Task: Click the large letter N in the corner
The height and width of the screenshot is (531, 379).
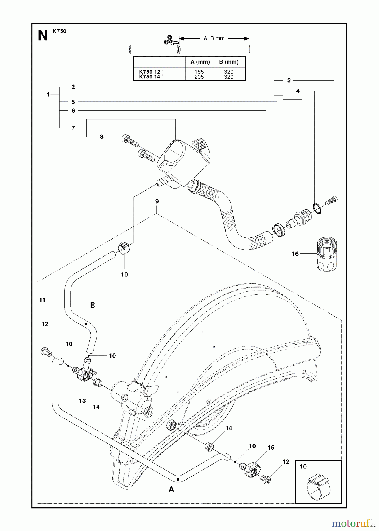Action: [43, 36]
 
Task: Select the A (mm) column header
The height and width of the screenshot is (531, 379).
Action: [200, 62]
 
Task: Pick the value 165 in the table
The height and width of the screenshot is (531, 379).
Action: [199, 72]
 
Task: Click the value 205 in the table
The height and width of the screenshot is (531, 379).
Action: [199, 77]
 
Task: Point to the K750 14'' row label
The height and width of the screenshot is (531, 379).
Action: [151, 77]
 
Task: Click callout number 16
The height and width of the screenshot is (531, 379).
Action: [295, 254]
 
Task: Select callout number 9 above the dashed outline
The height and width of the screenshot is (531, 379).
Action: [157, 201]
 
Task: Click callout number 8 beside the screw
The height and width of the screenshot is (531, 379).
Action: [102, 137]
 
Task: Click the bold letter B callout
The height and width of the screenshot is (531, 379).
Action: [92, 305]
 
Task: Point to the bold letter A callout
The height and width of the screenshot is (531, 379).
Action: [171, 489]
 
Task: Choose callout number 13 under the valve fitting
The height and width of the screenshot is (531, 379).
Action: [82, 401]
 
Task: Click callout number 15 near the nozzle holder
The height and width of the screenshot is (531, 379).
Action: [271, 448]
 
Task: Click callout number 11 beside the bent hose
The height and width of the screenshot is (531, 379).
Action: [42, 300]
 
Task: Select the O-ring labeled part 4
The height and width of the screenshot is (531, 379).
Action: [317, 208]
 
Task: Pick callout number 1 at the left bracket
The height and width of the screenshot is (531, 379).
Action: [48, 95]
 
